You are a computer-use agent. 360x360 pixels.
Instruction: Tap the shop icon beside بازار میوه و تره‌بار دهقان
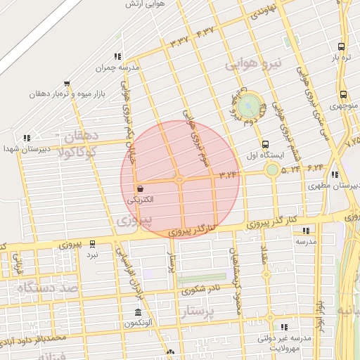[x=67, y=84]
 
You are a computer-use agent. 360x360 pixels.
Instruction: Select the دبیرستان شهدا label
[x=20, y=149]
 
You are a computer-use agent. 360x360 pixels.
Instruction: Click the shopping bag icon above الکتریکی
[x=141, y=188]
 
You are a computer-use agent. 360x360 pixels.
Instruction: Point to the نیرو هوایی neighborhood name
[x=253, y=64]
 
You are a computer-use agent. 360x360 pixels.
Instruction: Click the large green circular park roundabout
[x=247, y=107]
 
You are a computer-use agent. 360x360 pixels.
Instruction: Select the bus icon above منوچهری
[x=342, y=95]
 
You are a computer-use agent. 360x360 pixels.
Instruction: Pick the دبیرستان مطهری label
[x=333, y=186]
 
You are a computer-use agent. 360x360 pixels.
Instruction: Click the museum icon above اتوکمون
[x=137, y=312]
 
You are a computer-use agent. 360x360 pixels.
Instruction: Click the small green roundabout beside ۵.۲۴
[x=272, y=169]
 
